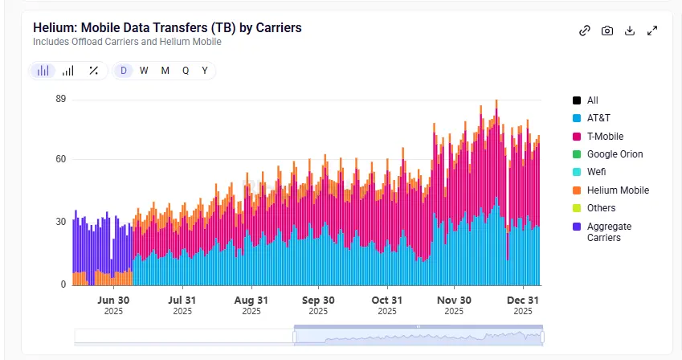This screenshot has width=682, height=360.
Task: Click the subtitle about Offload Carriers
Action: point(127,42)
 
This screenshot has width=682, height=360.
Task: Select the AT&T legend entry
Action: point(599,118)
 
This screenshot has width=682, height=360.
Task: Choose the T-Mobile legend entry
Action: point(604,137)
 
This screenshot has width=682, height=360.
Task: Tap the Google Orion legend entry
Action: point(615,154)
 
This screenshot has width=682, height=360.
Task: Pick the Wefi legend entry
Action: point(597,172)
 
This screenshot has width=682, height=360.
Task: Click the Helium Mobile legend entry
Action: point(617,190)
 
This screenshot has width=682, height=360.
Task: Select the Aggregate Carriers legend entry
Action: point(609,231)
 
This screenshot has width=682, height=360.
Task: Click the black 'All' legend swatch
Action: point(577,100)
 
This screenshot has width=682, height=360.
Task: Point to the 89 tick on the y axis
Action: point(60,99)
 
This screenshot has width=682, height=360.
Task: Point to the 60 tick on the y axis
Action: point(60,159)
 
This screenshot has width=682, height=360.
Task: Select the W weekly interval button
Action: point(144,71)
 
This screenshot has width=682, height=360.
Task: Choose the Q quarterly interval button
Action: point(186,71)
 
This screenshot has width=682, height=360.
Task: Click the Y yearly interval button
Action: point(205,71)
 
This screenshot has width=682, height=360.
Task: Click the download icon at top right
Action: point(630,31)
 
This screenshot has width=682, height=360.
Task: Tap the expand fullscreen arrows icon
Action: point(652,31)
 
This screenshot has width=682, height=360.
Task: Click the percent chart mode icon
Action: point(93,71)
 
